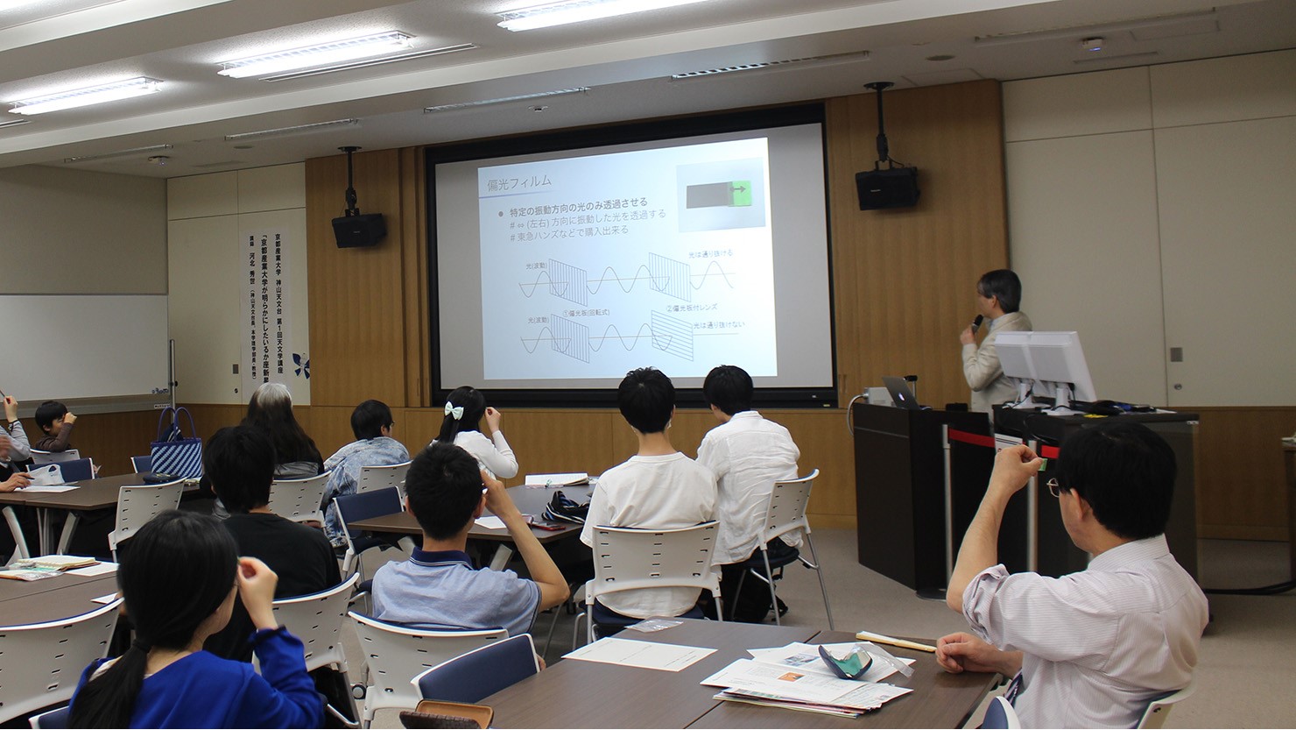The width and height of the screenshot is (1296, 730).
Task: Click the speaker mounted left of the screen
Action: (x=358, y=229)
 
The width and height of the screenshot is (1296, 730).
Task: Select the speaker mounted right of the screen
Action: (x=886, y=187)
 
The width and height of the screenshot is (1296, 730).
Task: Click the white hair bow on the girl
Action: (x=454, y=410)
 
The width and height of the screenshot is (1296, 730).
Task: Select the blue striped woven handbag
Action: (x=177, y=450)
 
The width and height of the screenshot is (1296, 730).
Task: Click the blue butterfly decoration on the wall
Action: (x=301, y=364)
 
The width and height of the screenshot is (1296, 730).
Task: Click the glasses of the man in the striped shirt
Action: (x=1053, y=487)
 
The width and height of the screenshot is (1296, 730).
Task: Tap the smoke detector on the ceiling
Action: (x=1091, y=42)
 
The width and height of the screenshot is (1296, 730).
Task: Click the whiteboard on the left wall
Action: (x=83, y=346)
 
